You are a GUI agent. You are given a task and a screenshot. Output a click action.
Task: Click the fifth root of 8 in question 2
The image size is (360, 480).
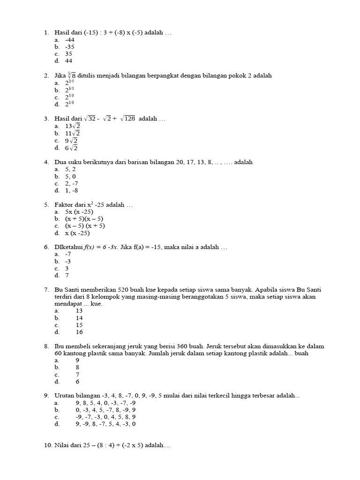pyautogui.click(x=71, y=75)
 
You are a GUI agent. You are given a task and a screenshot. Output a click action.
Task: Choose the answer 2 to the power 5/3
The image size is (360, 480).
pyautogui.click(x=70, y=97)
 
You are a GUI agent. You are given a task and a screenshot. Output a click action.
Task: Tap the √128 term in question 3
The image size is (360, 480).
pyautogui.click(x=127, y=119)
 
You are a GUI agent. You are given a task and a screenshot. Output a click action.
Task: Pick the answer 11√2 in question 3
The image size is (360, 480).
pyautogui.click(x=73, y=133)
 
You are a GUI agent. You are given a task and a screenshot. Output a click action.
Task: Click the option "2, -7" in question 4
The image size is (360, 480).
pyautogui.click(x=71, y=184)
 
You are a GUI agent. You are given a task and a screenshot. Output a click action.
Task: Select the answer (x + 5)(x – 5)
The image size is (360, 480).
pyautogui.click(x=84, y=219)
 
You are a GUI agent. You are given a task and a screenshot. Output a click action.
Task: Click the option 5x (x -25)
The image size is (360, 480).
pyautogui.click(x=79, y=212)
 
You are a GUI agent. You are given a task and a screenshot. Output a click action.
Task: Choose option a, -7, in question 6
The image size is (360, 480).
pyautogui.click(x=68, y=254)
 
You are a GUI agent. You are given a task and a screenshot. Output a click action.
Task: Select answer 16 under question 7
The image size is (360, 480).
pyautogui.click(x=79, y=332)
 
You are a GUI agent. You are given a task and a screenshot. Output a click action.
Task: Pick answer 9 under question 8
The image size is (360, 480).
pyautogui.click(x=77, y=360)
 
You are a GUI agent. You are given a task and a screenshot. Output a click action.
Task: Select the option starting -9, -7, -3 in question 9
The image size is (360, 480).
pyautogui.click(x=105, y=417)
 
